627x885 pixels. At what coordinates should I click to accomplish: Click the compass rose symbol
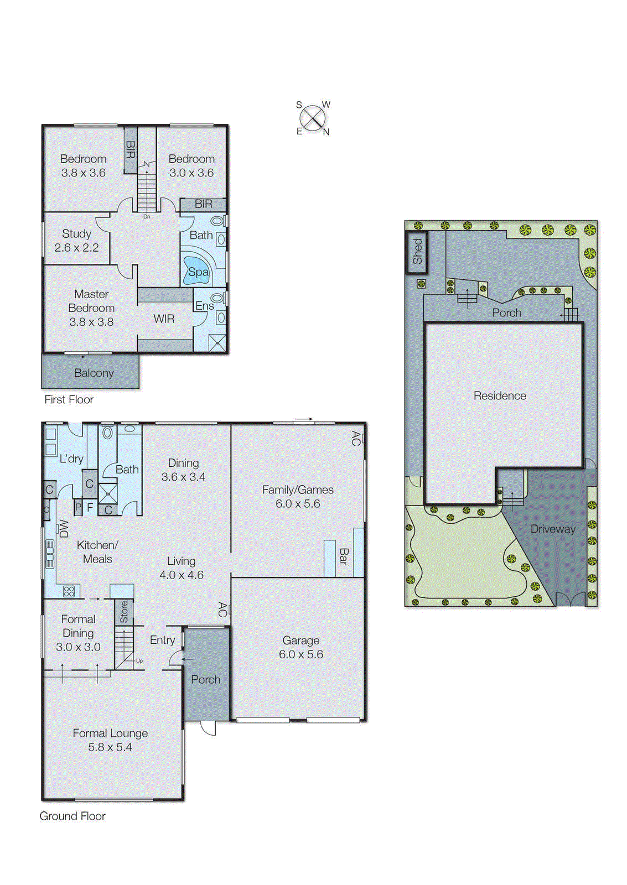[x=313, y=118]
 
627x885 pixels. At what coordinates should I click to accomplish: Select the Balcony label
[x=94, y=373]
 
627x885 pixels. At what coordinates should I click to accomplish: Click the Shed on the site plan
[x=417, y=252]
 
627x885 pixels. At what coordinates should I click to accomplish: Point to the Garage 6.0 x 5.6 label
[x=300, y=647]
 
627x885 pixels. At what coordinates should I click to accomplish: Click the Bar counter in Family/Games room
[x=343, y=556]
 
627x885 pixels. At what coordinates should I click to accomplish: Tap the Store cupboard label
[x=124, y=611]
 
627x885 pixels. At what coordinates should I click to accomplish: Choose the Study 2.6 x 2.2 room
[x=76, y=241]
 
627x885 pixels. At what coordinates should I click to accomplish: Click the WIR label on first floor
[x=164, y=319]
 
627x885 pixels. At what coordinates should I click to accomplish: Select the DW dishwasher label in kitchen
[x=64, y=529]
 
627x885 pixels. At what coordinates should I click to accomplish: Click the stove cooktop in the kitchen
[x=69, y=591]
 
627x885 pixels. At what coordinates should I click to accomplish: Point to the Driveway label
[x=552, y=529]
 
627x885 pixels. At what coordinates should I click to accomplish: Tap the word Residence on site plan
[x=500, y=395]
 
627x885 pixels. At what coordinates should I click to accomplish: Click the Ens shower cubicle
[x=217, y=343]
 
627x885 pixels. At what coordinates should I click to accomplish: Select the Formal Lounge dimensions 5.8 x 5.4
[x=110, y=747]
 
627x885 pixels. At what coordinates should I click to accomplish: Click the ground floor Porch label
[x=205, y=679]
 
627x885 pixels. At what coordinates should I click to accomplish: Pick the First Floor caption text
[x=69, y=399]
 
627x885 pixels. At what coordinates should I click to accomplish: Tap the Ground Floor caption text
[x=72, y=816]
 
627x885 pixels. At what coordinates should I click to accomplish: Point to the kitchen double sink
[x=50, y=554]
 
